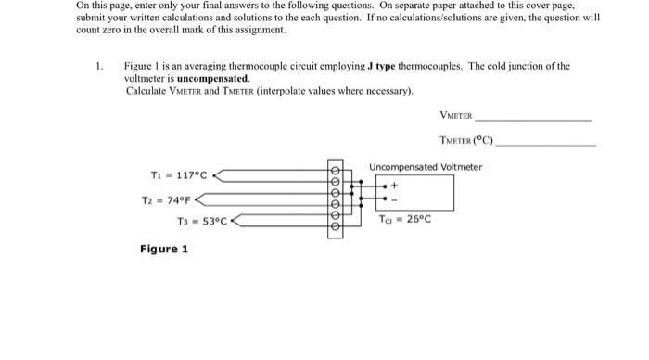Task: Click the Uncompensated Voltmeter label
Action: click(426, 167)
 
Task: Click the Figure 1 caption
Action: click(163, 249)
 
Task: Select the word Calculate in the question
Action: click(145, 91)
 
